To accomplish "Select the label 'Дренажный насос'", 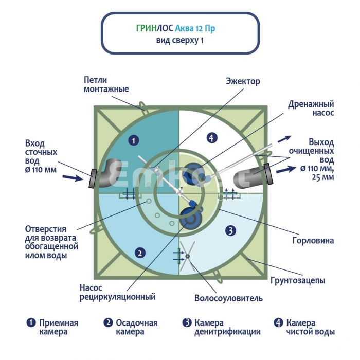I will pyautogui.click(x=311, y=107).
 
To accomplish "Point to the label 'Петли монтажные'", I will pyautogui.click(x=106, y=84).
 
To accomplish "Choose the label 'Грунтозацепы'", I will pyautogui.click(x=298, y=281).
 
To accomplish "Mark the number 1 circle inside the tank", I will pyautogui.click(x=133, y=139).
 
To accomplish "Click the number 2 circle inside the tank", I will pyautogui.click(x=138, y=252).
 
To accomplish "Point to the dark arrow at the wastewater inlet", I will pyautogui.click(x=72, y=178).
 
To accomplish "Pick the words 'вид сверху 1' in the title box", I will pyautogui.click(x=179, y=41).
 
